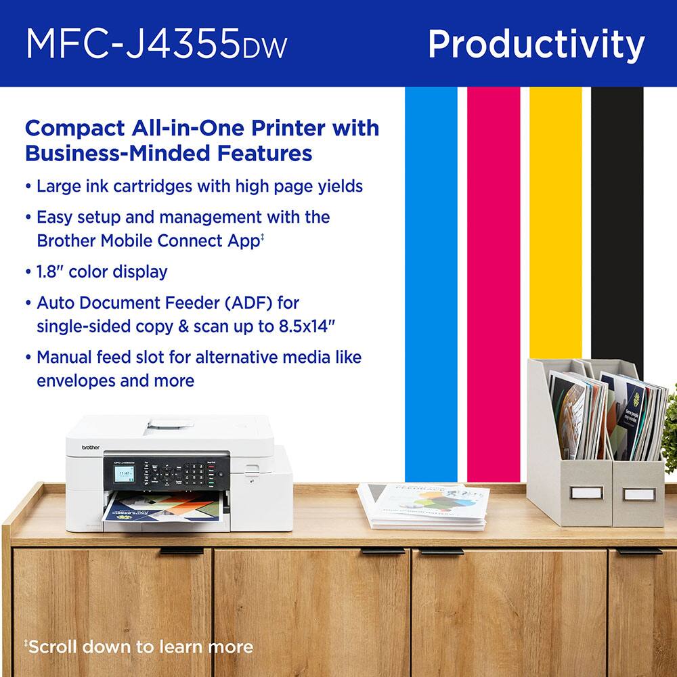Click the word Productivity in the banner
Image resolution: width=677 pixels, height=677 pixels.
[536, 45]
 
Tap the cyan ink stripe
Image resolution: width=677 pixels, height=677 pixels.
[431, 271]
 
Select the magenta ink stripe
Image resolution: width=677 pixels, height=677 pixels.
[493, 271]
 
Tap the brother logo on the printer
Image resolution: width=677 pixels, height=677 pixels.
[90, 447]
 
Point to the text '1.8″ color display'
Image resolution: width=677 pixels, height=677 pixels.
[102, 272]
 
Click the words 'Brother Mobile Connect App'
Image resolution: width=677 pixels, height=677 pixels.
[146, 240]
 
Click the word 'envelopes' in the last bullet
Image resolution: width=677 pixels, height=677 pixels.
[75, 380]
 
